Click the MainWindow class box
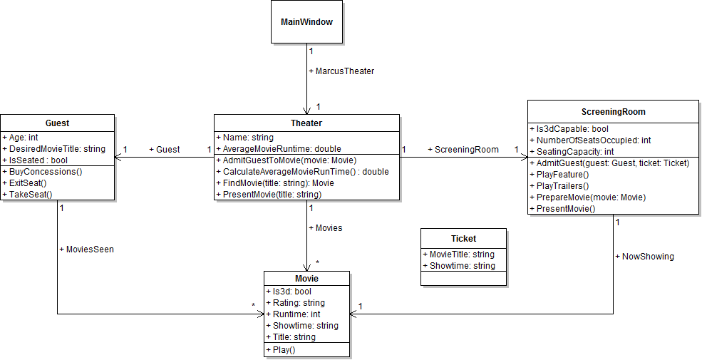pyautogui.click(x=306, y=22)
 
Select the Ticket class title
pyautogui.click(x=463, y=239)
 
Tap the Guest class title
pyautogui.click(x=57, y=123)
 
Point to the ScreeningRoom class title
pyautogui.click(x=613, y=112)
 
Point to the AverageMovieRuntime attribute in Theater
pyautogui.click(x=282, y=149)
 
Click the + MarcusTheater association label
pyautogui.click(x=341, y=71)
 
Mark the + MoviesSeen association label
pyautogui.click(x=86, y=250)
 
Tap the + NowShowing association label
pyautogui.click(x=644, y=256)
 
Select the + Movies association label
pyautogui.click(x=325, y=228)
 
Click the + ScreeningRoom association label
pyautogui.click(x=463, y=150)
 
